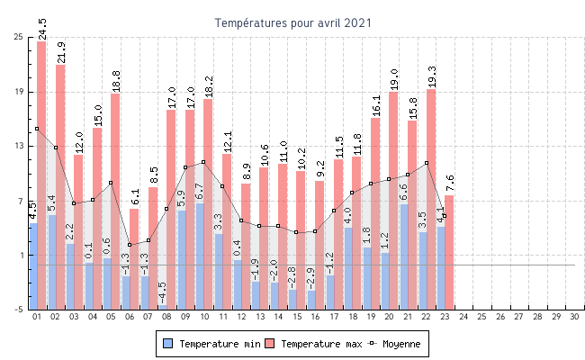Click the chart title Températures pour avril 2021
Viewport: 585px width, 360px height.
point(292,22)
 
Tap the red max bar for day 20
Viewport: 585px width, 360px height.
point(393,198)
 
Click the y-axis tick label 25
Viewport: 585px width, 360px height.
point(19,37)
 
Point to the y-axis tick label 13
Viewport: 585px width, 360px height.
point(19,146)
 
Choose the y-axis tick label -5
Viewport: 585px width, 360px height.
point(19,310)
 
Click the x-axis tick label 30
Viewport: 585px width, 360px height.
point(575,318)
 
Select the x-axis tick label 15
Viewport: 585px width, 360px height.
point(297,318)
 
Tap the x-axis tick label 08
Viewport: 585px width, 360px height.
point(166,318)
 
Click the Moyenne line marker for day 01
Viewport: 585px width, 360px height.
point(37,129)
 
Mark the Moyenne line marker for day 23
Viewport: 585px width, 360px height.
point(445,216)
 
